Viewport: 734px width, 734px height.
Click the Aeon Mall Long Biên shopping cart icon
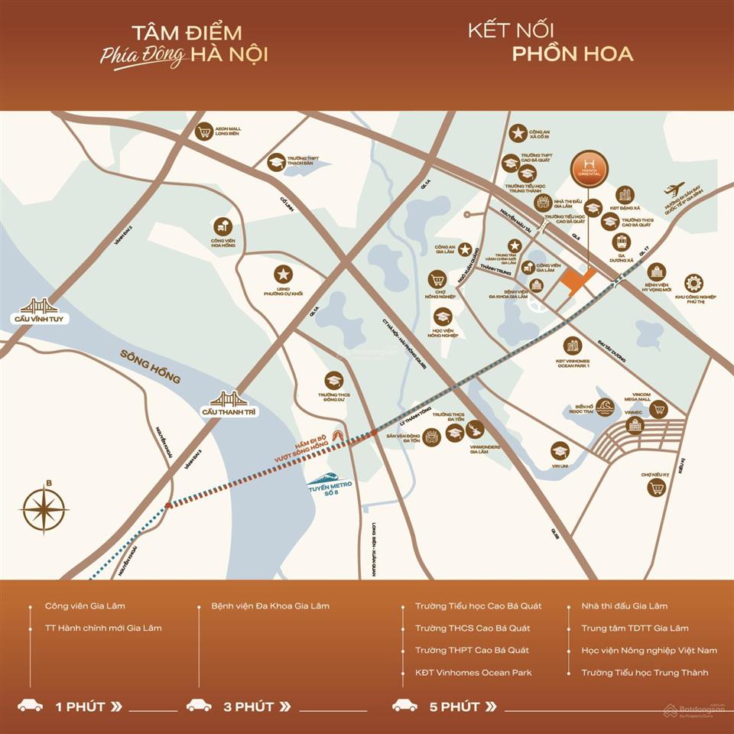click(x=204, y=132)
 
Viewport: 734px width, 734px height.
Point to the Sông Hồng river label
click(x=150, y=366)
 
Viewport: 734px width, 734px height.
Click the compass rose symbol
click(x=44, y=508)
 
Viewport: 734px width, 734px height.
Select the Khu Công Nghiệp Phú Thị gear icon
click(x=693, y=283)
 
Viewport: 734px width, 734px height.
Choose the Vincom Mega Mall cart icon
click(x=657, y=410)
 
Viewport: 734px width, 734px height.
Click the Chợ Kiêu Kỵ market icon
click(x=655, y=487)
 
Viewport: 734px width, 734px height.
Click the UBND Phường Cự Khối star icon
click(x=283, y=274)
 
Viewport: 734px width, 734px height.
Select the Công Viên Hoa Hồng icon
click(x=222, y=226)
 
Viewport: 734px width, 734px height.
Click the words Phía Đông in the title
click(x=143, y=57)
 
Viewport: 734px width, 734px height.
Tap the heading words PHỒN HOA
click(x=573, y=54)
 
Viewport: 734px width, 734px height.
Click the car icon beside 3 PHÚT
click(x=199, y=705)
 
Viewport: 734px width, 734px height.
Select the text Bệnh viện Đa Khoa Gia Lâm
click(x=271, y=606)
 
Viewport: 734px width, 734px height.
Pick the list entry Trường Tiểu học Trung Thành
click(x=645, y=673)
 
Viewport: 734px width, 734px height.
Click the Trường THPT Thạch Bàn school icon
click(x=275, y=162)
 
